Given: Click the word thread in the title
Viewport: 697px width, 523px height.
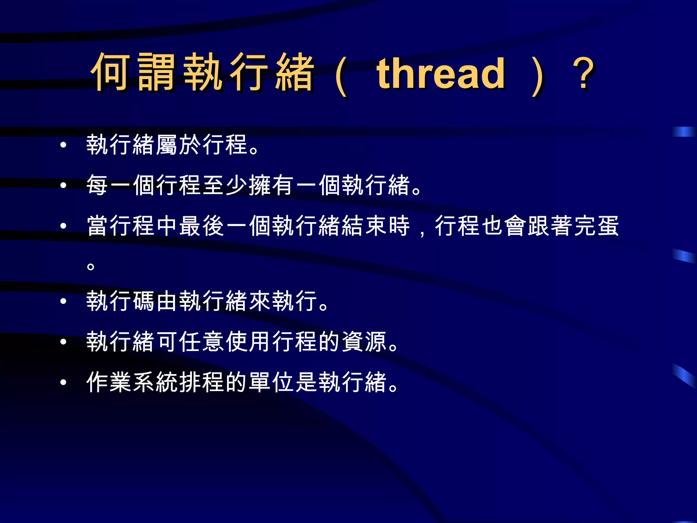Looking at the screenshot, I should [441, 73].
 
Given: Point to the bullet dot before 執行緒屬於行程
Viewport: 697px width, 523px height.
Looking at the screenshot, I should [63, 145].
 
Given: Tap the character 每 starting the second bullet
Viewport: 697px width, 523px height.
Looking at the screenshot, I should [98, 185].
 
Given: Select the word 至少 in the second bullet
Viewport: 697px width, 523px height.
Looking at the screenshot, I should [225, 185].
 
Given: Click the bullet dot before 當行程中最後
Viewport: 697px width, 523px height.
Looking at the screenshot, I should [63, 226].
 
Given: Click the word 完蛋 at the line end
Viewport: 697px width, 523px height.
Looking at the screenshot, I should [596, 226].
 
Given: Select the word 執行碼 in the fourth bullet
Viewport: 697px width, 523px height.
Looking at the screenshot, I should [121, 301].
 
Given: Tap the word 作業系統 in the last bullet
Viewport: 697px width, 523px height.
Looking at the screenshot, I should [133, 382].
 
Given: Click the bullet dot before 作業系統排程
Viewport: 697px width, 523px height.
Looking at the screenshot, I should [63, 382].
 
